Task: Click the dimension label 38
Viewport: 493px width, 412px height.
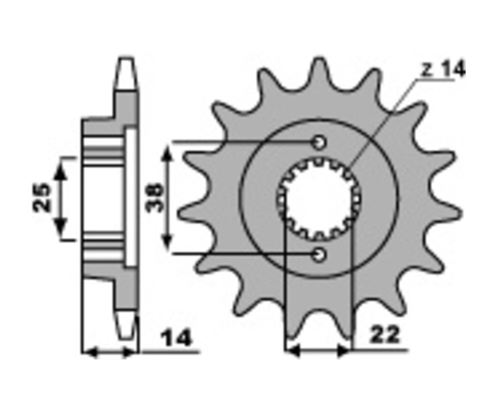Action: pos(154,198)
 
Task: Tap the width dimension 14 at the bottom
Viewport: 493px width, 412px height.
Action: pos(176,338)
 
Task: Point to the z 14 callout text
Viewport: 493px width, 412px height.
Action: pos(443,70)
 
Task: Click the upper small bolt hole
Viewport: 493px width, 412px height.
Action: pos(320,142)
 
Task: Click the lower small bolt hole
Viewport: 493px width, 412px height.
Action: pos(320,254)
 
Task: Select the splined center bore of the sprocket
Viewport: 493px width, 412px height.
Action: pos(319,198)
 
